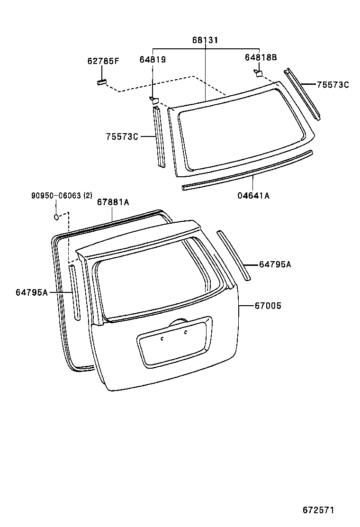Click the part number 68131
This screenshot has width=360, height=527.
pos(205,41)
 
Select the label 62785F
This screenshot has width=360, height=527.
pos(103,61)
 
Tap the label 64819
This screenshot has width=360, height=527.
pos(153,59)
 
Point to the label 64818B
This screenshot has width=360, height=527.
pos(261,57)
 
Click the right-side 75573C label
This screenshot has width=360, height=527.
pos(333,85)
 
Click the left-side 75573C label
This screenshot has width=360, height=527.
pos(122,136)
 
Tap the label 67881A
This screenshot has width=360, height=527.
pos(113,202)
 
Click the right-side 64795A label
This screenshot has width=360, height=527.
pos(275,264)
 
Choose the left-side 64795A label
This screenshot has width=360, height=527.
pos(32,292)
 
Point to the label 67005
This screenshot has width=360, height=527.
pos(268,306)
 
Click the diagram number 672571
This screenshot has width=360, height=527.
pos(319,510)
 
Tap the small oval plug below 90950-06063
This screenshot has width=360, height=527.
pos(56,217)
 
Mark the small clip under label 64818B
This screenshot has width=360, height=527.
pos(258,73)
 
